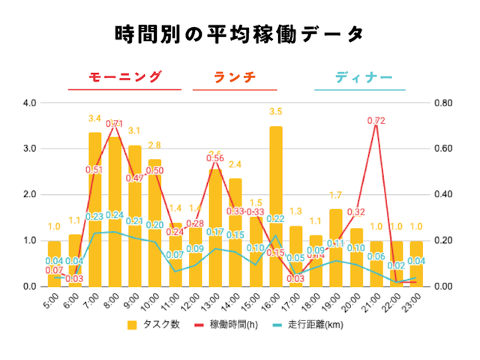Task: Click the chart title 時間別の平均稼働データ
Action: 240,34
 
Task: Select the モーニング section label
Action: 124,76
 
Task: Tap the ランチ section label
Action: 235,76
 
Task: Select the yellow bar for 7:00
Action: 95,209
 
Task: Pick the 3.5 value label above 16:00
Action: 276,112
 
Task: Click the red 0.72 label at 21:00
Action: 376,120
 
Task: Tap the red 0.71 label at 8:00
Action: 115,124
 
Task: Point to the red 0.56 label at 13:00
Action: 215,158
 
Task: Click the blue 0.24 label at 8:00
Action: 115,215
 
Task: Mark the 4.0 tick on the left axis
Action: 30,103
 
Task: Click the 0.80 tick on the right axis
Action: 442,103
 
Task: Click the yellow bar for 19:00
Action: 336,247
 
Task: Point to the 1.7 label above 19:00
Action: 336,196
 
